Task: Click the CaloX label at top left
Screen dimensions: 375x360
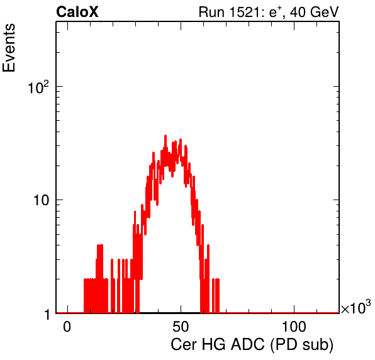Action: click(x=77, y=12)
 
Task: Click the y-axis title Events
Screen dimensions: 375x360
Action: click(x=9, y=48)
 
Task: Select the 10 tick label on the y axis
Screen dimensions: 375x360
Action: click(x=41, y=200)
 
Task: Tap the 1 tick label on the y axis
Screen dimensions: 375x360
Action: click(x=47, y=314)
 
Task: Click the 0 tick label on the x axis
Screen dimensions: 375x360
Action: click(x=67, y=327)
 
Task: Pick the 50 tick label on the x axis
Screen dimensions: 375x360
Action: click(x=181, y=327)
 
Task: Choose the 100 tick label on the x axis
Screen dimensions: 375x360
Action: click(x=294, y=327)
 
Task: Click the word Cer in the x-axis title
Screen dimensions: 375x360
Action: click(x=184, y=345)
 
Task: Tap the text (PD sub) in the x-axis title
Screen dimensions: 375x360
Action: click(x=302, y=345)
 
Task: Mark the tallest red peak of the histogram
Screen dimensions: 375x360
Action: click(x=165, y=136)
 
